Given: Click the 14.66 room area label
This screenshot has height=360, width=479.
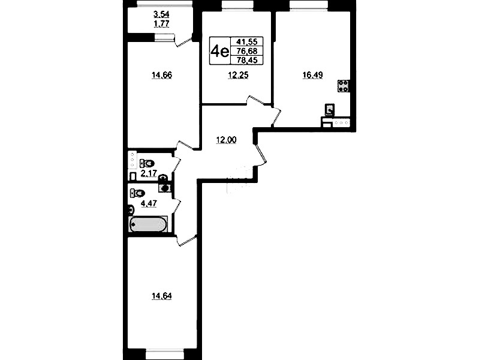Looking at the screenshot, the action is [x=162, y=75].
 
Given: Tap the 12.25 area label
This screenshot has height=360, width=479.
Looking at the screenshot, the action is [x=238, y=75].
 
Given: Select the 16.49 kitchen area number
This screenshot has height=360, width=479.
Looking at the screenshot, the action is [x=312, y=75].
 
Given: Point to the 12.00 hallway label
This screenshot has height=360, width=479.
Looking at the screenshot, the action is [x=226, y=140].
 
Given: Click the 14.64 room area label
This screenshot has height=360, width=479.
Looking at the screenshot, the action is [x=162, y=296].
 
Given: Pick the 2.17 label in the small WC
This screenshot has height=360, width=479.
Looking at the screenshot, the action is [x=149, y=173].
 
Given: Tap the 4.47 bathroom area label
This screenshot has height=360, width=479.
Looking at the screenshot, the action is [x=149, y=203].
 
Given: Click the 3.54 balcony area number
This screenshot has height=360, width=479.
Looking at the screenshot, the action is [x=162, y=14].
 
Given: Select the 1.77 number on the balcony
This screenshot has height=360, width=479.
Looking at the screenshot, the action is [x=162, y=23].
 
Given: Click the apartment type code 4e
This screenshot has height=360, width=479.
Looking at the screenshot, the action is [x=219, y=51].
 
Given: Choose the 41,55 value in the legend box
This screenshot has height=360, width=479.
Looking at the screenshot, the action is [x=247, y=41].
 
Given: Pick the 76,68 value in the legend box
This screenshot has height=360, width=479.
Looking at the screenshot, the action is [x=247, y=51].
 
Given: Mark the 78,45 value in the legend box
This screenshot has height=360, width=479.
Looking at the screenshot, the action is [x=247, y=60].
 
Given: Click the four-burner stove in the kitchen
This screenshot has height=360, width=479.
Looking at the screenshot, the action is [x=344, y=86].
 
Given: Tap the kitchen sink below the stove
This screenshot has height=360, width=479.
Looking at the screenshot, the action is [x=330, y=110].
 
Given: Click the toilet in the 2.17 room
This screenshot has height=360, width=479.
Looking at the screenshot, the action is [x=147, y=163].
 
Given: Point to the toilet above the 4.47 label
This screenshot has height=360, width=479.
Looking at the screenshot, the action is [x=137, y=193].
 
